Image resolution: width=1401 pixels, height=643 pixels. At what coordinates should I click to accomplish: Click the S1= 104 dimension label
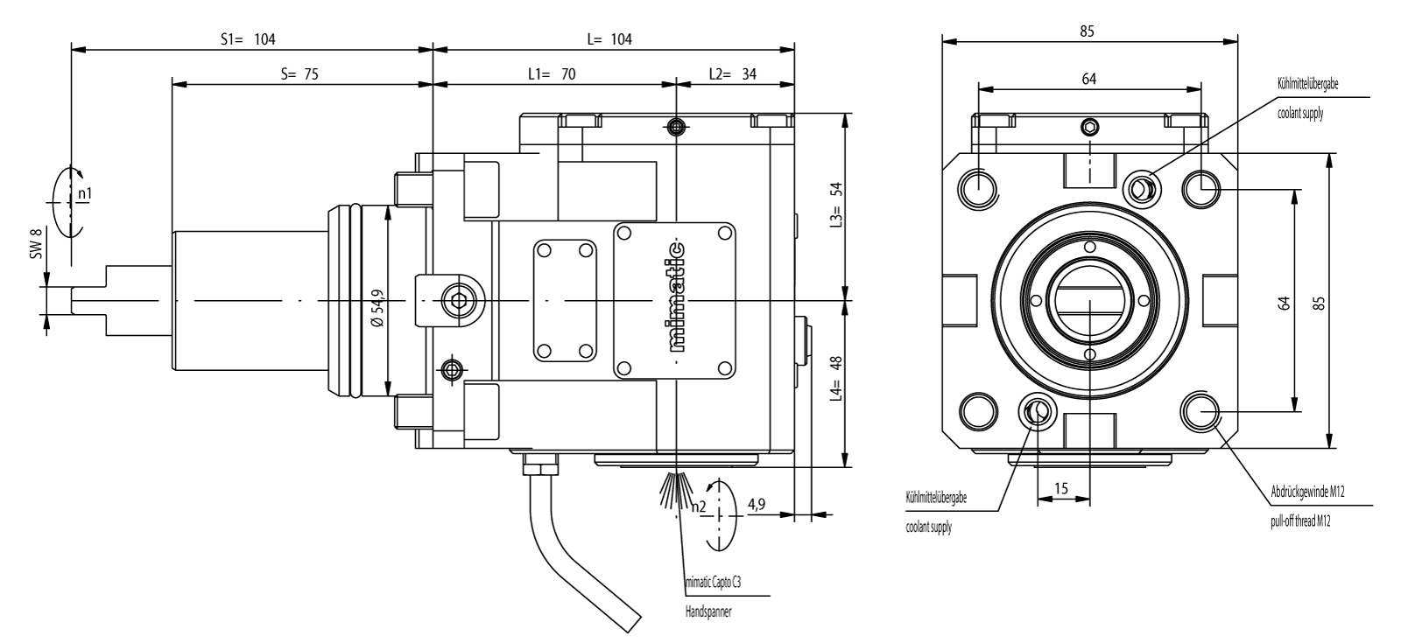click(x=247, y=38)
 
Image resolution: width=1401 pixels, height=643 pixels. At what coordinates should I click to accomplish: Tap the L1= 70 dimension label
click(x=552, y=74)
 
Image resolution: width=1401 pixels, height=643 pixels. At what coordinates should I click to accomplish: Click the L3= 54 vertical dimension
click(x=835, y=204)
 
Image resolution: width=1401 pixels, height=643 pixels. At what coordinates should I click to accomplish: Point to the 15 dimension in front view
click(x=1062, y=490)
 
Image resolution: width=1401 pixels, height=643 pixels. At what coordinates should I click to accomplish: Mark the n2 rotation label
click(x=698, y=506)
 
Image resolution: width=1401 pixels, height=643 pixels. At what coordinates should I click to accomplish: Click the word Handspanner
click(x=708, y=612)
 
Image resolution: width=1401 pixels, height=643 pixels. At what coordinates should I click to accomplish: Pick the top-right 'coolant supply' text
click(x=1299, y=113)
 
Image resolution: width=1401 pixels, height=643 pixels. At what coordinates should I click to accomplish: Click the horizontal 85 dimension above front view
click(x=1088, y=30)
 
